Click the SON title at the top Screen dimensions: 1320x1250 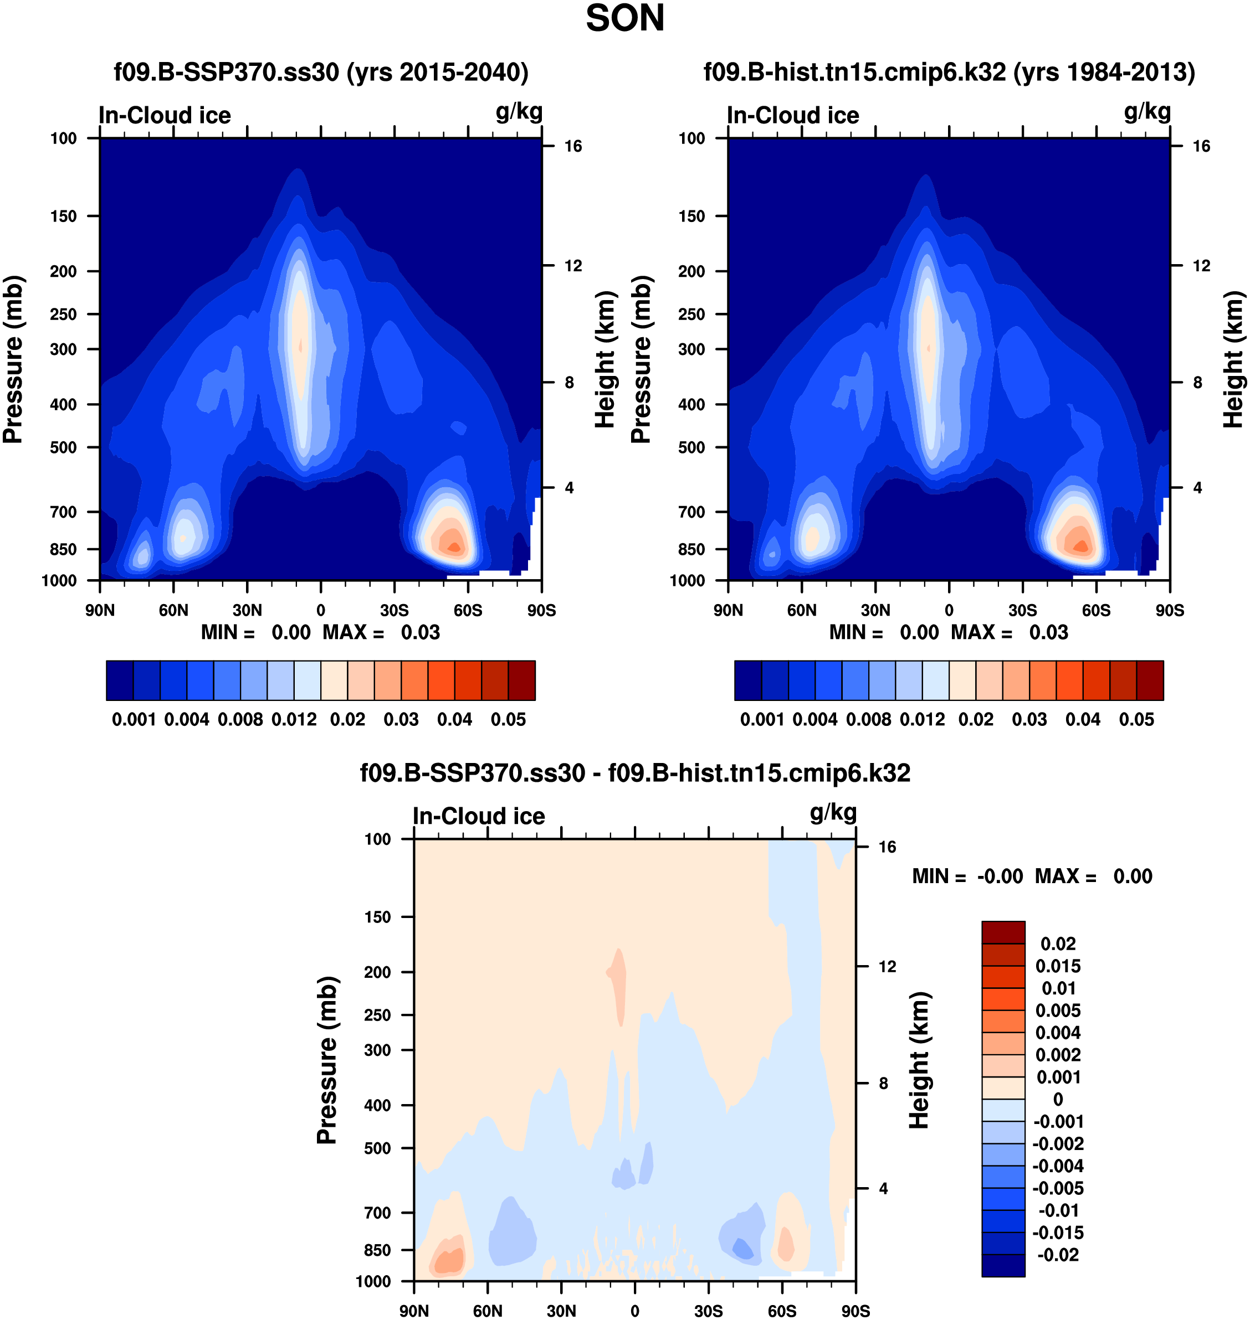click(624, 19)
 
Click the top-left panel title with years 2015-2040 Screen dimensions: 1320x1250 click(321, 72)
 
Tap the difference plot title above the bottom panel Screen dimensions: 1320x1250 click(634, 773)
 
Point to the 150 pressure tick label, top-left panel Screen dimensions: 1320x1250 click(63, 216)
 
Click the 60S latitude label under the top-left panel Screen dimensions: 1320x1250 click(468, 610)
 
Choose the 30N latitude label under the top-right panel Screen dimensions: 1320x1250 click(875, 610)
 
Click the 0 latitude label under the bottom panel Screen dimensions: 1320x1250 click(634, 1311)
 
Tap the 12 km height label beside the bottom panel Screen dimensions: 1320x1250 click(887, 966)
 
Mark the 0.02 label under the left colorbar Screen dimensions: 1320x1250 click(347, 720)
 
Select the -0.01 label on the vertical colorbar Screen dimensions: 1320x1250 click(1058, 1210)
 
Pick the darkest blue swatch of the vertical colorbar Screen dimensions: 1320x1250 click(1003, 1265)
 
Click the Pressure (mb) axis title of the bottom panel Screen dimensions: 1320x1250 click(327, 1060)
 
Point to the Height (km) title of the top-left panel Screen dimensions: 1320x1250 click(604, 360)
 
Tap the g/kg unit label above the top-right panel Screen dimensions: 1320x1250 click(1147, 112)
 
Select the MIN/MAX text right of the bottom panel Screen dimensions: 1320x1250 click(1032, 876)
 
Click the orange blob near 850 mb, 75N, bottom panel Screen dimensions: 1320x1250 click(447, 1260)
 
